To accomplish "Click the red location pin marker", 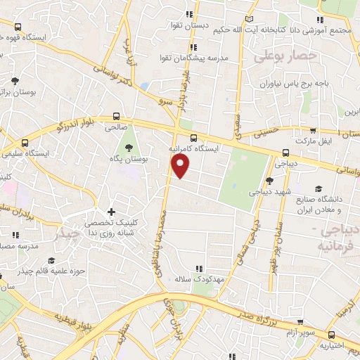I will [x=181, y=166].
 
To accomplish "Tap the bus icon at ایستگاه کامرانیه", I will [x=194, y=138].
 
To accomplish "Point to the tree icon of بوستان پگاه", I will [x=129, y=148].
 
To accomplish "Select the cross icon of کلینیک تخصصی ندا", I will [x=110, y=212].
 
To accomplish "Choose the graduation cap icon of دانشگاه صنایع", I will [x=319, y=188].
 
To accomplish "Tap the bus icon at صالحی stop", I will [x=116, y=117].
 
